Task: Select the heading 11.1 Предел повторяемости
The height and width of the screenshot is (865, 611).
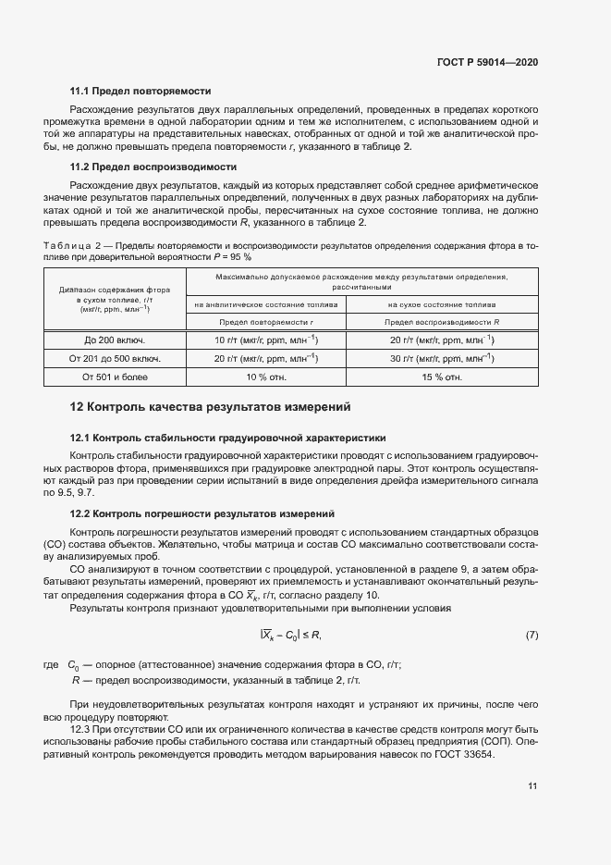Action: click(141, 92)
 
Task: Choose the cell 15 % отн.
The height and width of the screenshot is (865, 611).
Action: click(442, 377)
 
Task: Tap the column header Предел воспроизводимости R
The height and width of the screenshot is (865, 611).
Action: click(442, 322)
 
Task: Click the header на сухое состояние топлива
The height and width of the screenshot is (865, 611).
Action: click(442, 303)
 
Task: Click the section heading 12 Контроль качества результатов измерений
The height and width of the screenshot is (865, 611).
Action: click(211, 407)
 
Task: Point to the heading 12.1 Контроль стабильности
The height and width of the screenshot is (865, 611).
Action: click(228, 438)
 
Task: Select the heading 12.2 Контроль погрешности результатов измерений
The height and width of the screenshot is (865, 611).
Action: click(202, 513)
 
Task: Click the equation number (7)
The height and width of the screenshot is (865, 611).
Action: click(532, 635)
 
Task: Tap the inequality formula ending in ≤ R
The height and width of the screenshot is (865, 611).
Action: click(290, 635)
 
